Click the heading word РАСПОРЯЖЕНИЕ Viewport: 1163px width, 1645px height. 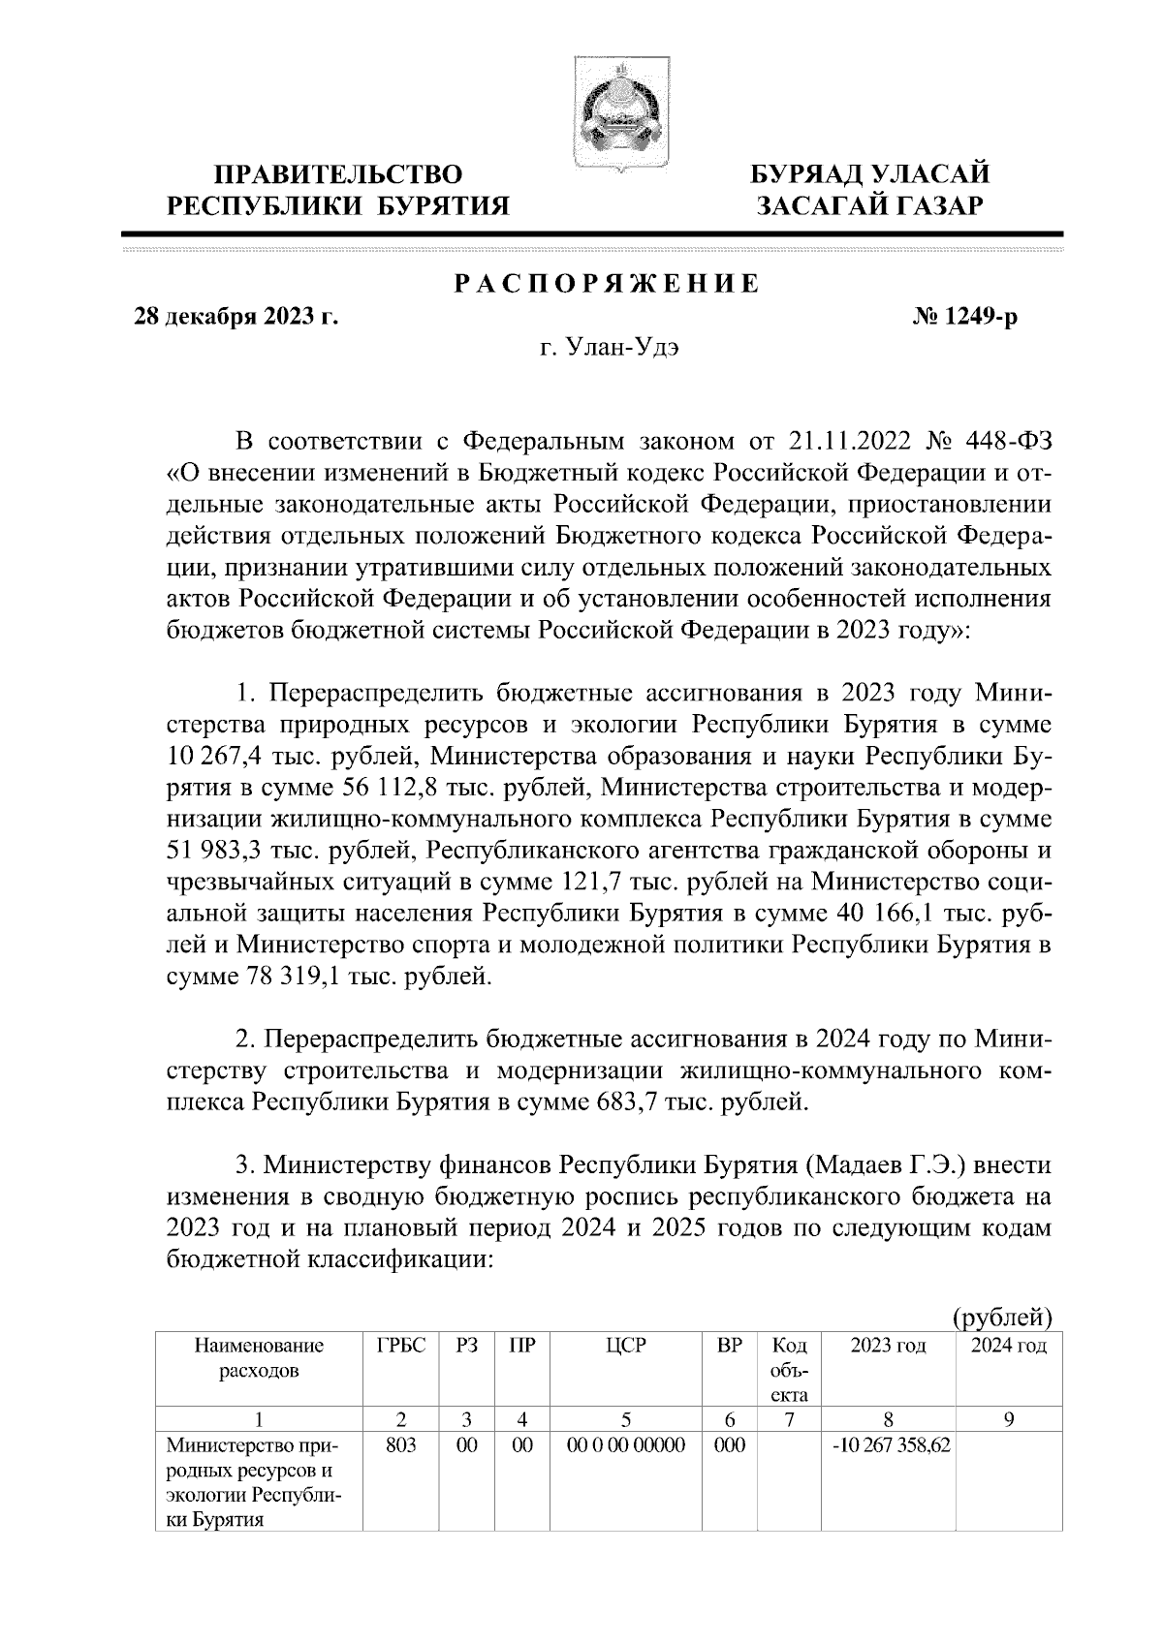tap(607, 286)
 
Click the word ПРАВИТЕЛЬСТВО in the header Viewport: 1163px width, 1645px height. tap(338, 175)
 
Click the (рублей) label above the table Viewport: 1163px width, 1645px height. tap(1002, 1317)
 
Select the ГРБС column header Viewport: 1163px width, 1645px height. tap(400, 1346)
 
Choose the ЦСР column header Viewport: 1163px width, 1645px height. tap(625, 1346)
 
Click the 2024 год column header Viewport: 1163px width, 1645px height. tap(1008, 1346)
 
